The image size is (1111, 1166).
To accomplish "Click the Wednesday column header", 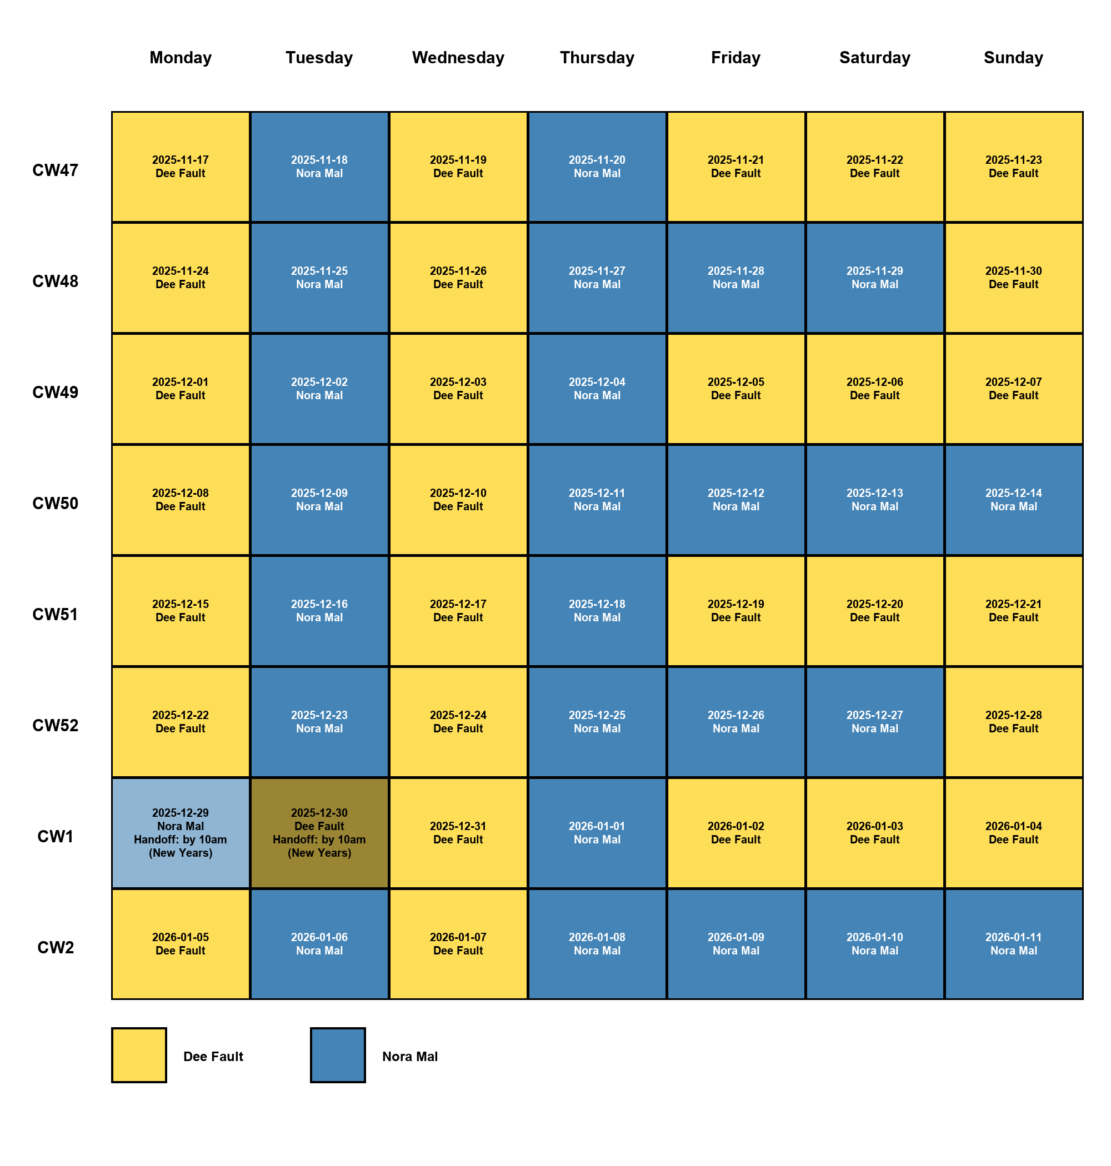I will [458, 57].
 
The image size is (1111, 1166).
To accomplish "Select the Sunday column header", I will [1013, 57].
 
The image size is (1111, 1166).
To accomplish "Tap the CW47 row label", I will [55, 170].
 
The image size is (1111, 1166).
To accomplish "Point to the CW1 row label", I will [55, 836].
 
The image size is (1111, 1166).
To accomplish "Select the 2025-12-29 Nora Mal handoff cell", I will [181, 833].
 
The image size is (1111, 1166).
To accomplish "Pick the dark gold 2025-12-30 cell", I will [319, 833].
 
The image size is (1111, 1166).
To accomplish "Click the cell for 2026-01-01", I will [597, 833].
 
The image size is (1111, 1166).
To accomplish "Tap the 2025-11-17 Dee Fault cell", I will [181, 167].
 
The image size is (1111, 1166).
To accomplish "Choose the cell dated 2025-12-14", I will [1013, 500].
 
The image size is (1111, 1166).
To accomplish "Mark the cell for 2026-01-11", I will [1013, 943].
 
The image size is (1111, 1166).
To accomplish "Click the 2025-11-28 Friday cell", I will [735, 278].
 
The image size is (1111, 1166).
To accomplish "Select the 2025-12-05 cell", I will [735, 389].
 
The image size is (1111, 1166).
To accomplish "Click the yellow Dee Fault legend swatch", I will [139, 1056].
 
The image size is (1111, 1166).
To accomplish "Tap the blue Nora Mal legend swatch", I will [338, 1056].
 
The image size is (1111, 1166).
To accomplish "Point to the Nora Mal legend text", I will [410, 1057].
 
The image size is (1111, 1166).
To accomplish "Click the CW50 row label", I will [55, 503].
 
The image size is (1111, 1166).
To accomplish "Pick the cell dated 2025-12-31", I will [458, 833].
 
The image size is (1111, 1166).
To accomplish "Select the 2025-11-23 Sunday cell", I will [1013, 167].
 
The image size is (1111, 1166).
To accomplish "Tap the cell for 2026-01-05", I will [181, 943].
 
